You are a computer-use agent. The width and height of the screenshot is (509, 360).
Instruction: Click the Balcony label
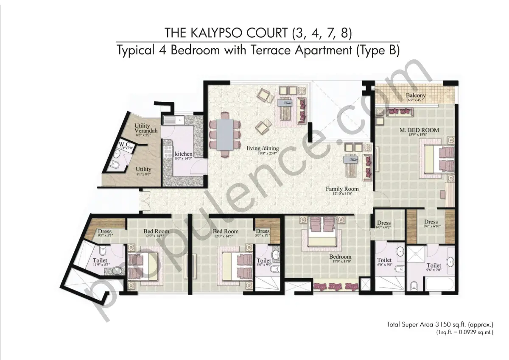pyautogui.click(x=415, y=95)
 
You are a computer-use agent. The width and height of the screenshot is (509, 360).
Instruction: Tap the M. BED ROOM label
pyautogui.click(x=419, y=130)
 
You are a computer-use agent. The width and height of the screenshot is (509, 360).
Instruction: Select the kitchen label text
pyautogui.click(x=183, y=153)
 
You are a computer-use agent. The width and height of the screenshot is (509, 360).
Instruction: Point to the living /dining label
pyautogui.click(x=263, y=148)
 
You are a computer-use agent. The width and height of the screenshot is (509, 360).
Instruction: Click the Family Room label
pyautogui.click(x=342, y=189)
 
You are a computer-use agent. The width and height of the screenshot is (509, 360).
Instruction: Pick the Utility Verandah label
pyautogui.click(x=145, y=128)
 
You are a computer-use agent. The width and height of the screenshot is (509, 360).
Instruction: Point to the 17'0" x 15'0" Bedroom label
pyautogui.click(x=341, y=257)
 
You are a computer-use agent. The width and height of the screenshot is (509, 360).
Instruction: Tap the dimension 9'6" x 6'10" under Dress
pyautogui.click(x=431, y=226)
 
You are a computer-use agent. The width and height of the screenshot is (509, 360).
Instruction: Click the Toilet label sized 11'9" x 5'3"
pyautogui.click(x=100, y=260)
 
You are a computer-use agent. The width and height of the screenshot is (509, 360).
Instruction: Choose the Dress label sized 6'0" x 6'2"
pyautogui.click(x=383, y=223)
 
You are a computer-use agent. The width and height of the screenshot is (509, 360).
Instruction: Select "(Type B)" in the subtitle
pyautogui.click(x=378, y=51)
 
